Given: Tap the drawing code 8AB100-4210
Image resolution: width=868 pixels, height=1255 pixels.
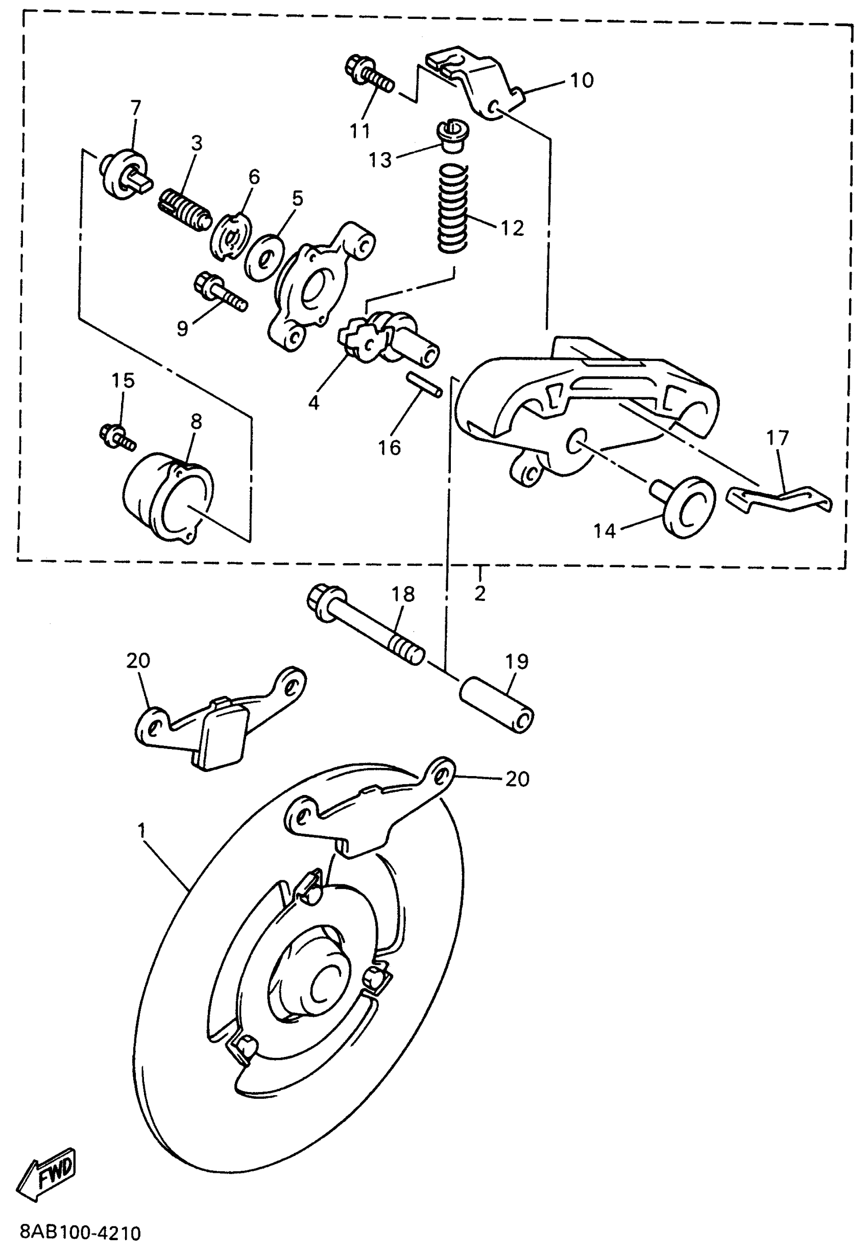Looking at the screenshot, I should (x=81, y=1232).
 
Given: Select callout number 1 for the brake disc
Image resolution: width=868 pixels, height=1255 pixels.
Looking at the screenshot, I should (x=142, y=831).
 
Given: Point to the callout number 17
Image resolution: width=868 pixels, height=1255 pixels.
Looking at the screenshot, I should (x=777, y=438).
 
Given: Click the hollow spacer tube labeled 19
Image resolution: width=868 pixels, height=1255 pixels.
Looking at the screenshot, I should (x=496, y=705).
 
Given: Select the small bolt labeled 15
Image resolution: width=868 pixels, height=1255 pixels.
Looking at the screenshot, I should (x=116, y=437).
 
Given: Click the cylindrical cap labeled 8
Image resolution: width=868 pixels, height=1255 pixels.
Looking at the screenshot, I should (x=168, y=495).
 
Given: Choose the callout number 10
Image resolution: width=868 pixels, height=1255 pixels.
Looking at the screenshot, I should (x=582, y=81).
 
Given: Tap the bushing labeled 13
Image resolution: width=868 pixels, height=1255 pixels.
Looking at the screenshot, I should (x=452, y=136).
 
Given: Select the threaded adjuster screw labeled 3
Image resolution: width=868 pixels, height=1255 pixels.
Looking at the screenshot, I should (x=185, y=209).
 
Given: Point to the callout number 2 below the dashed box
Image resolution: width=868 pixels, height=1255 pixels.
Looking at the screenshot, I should (x=479, y=593).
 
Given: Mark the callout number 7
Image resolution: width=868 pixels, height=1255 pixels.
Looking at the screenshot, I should (x=135, y=107).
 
